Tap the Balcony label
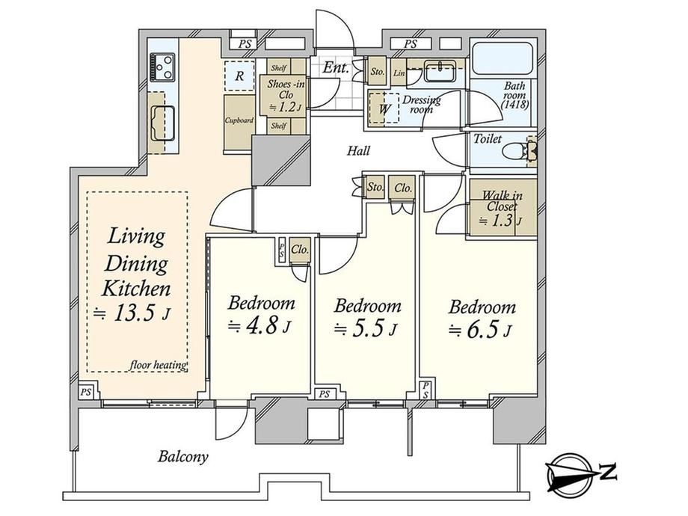[182, 457]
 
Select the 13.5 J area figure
[132, 313]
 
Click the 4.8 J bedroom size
[259, 326]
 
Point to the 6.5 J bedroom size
[479, 330]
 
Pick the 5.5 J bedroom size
[366, 328]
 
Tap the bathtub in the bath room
[503, 59]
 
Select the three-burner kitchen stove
[162, 67]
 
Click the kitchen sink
[163, 123]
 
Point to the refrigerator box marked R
[239, 76]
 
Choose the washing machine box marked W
[384, 108]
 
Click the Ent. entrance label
[336, 68]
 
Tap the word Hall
[358, 151]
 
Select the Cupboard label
[239, 120]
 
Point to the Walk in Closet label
[503, 201]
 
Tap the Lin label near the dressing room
[399, 73]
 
